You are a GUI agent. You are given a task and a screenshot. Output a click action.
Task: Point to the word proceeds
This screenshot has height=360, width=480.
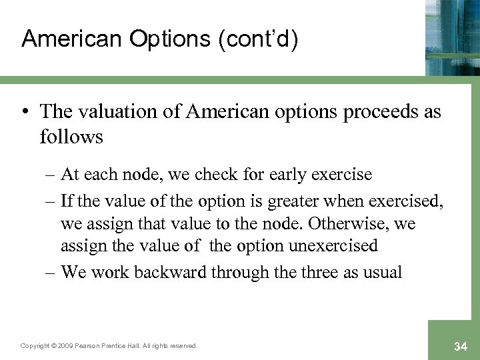pyautogui.click(x=377, y=112)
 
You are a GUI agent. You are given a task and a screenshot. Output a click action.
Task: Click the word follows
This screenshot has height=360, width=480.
pyautogui.click(x=71, y=137)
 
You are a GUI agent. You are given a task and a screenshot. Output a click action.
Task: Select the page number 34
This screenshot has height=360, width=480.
pyautogui.click(x=459, y=345)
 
